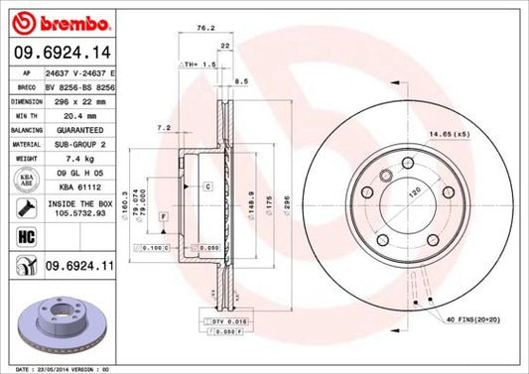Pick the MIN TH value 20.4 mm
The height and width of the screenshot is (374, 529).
79,115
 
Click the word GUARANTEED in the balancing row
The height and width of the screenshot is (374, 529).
79,129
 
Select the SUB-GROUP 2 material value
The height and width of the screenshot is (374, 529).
79,143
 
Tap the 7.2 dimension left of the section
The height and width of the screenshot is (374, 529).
165,127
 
